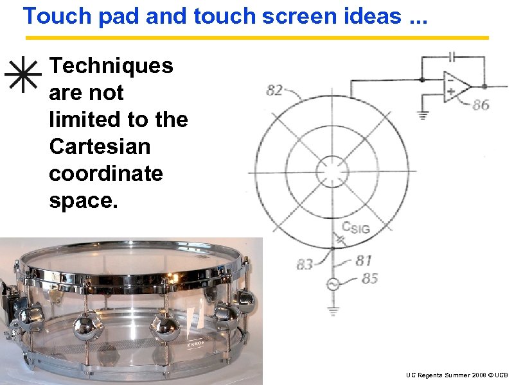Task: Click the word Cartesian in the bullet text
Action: point(99,147)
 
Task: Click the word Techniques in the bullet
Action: point(111,65)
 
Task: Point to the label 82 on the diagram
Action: point(274,91)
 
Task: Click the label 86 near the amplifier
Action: point(481,105)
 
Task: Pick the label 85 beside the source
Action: point(369,278)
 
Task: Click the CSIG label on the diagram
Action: point(355,227)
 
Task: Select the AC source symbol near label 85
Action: point(333,284)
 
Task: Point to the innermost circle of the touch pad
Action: point(333,172)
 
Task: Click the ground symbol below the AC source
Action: point(333,311)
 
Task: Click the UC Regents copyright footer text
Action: point(457,375)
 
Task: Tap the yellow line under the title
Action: point(257,38)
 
